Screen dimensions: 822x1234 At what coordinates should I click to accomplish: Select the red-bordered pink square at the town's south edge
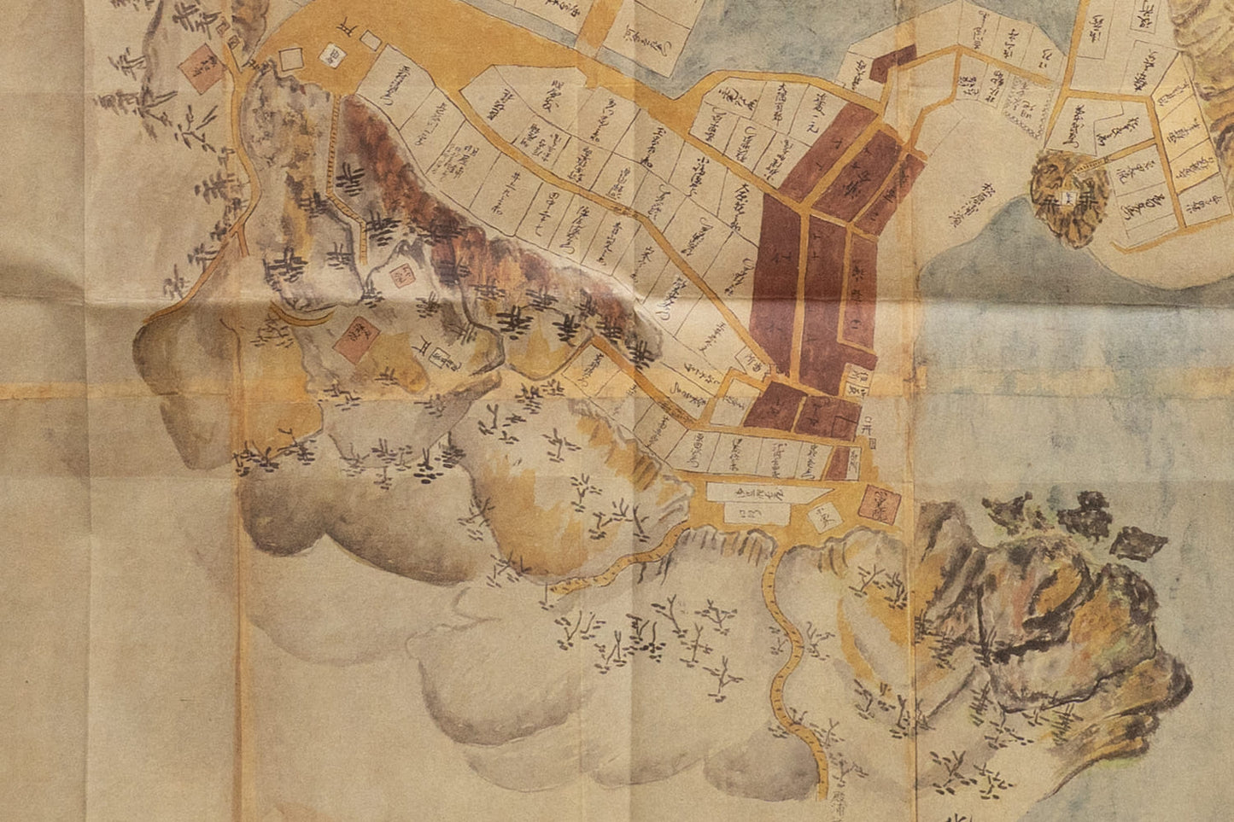(x=881, y=505)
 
